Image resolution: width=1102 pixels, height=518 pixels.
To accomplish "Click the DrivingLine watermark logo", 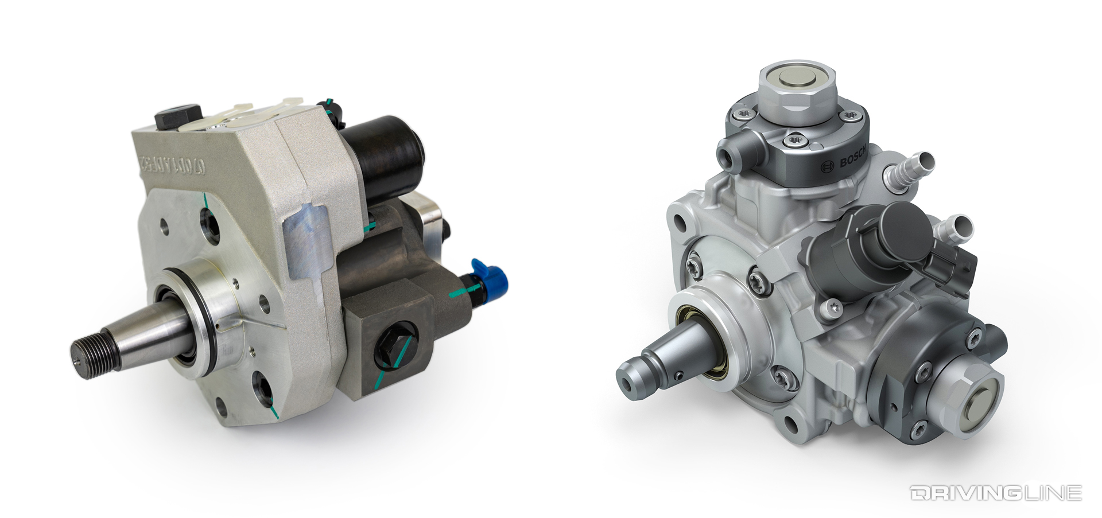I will coord(995,492).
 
